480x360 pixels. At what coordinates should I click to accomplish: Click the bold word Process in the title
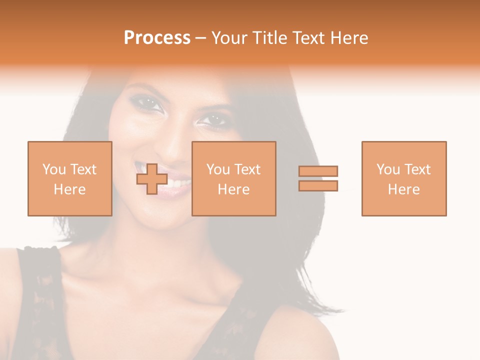point(157,38)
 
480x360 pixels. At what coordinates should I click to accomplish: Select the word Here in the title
point(347,38)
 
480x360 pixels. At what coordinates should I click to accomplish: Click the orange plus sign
point(152,179)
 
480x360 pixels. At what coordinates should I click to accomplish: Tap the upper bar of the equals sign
point(318,171)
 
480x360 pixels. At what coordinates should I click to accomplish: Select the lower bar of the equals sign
point(318,185)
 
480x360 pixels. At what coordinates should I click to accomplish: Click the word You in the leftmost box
point(54,169)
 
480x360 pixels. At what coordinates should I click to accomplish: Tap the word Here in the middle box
point(233,189)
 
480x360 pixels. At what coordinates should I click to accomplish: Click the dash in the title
point(201,38)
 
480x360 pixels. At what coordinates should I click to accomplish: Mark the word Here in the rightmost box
point(403,189)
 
